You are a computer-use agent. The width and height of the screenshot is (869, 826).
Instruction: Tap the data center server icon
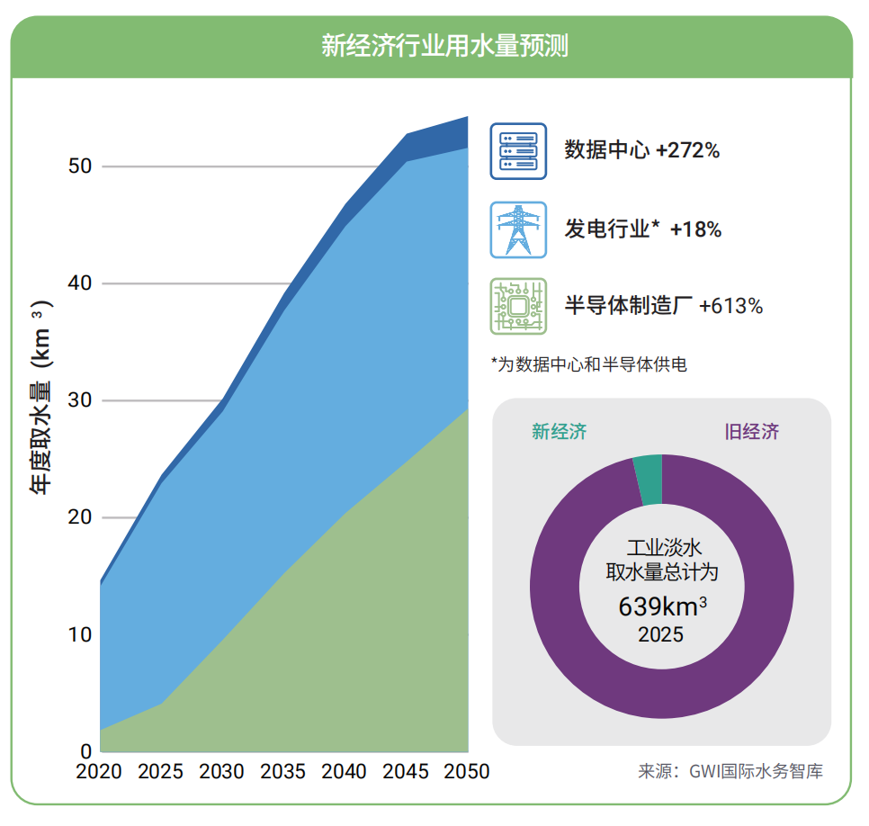(518, 151)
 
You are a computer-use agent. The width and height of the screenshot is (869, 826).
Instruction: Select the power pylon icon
(518, 229)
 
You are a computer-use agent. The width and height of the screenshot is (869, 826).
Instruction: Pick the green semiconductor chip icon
(518, 306)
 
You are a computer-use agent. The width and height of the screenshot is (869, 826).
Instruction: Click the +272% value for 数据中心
(687, 151)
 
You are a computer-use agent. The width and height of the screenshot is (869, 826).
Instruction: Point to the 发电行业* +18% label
(642, 229)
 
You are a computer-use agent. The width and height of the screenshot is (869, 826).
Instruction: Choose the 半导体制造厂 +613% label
(663, 306)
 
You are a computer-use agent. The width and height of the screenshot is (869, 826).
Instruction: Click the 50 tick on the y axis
(80, 167)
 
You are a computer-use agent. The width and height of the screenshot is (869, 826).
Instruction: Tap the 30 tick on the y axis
(80, 401)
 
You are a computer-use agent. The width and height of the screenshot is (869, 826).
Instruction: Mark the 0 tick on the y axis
(85, 751)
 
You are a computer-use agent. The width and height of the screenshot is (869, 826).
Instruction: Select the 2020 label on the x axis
(99, 772)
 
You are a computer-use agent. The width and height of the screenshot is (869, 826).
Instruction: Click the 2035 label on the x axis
(282, 772)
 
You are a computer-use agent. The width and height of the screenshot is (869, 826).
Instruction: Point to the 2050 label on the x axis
(467, 772)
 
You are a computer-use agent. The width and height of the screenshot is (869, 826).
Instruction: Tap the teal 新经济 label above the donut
(559, 432)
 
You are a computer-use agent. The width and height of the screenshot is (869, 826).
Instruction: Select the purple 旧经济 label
(752, 432)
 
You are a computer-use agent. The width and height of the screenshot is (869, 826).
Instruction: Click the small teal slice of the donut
(648, 480)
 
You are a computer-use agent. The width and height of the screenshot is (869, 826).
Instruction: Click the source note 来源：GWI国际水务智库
(730, 771)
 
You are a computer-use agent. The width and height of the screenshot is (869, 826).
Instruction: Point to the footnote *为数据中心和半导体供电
(589, 364)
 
